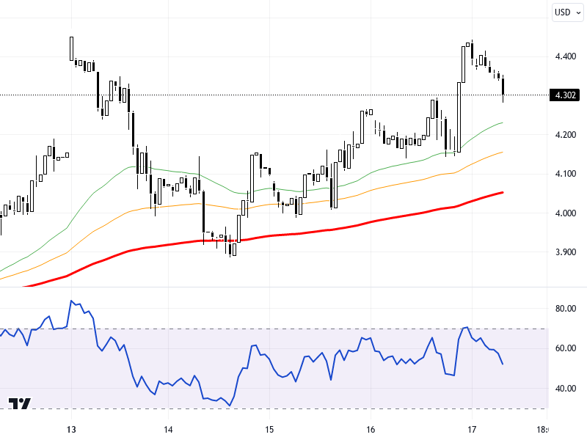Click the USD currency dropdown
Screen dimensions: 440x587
click(x=566, y=12)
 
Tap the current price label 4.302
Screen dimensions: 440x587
click(x=565, y=95)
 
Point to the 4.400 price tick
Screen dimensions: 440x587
click(x=565, y=56)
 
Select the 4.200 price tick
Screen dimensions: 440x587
click(x=565, y=135)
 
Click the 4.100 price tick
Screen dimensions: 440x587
click(x=565, y=174)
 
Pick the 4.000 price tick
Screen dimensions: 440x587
click(x=565, y=213)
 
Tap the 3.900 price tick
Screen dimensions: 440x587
click(x=565, y=252)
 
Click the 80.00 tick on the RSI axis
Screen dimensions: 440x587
click(x=565, y=309)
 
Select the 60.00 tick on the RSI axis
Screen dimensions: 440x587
click(x=565, y=348)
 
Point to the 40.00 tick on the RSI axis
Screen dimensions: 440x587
click(x=565, y=389)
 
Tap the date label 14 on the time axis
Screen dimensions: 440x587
click(x=168, y=430)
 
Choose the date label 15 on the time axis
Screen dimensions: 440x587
click(x=269, y=430)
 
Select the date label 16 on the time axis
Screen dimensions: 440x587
click(x=371, y=430)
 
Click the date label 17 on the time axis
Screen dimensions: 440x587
click(x=472, y=430)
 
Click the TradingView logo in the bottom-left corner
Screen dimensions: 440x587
click(x=20, y=404)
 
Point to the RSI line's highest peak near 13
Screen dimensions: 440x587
click(x=71, y=301)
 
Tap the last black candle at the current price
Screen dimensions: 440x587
click(x=503, y=86)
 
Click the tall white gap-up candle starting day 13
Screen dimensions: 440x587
click(x=71, y=48)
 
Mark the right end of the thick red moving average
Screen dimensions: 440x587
click(x=503, y=192)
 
